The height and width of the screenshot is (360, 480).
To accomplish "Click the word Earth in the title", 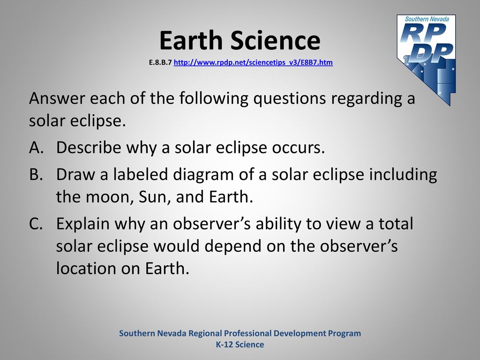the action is [191, 40].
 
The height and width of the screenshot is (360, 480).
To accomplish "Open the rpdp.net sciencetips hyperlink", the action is [253, 62].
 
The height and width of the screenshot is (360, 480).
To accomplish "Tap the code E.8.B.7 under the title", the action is [160, 62].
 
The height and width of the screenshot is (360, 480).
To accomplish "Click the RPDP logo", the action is [427, 60].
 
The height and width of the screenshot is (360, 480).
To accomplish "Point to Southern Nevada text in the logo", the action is [427, 19].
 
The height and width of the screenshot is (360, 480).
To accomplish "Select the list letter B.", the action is [36, 174].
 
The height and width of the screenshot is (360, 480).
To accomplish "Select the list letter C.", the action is [36, 224].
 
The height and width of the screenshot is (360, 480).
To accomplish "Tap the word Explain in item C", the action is [83, 224].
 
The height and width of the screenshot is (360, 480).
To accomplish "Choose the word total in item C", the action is [396, 224].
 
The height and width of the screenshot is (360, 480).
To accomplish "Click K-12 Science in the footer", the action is [240, 345].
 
